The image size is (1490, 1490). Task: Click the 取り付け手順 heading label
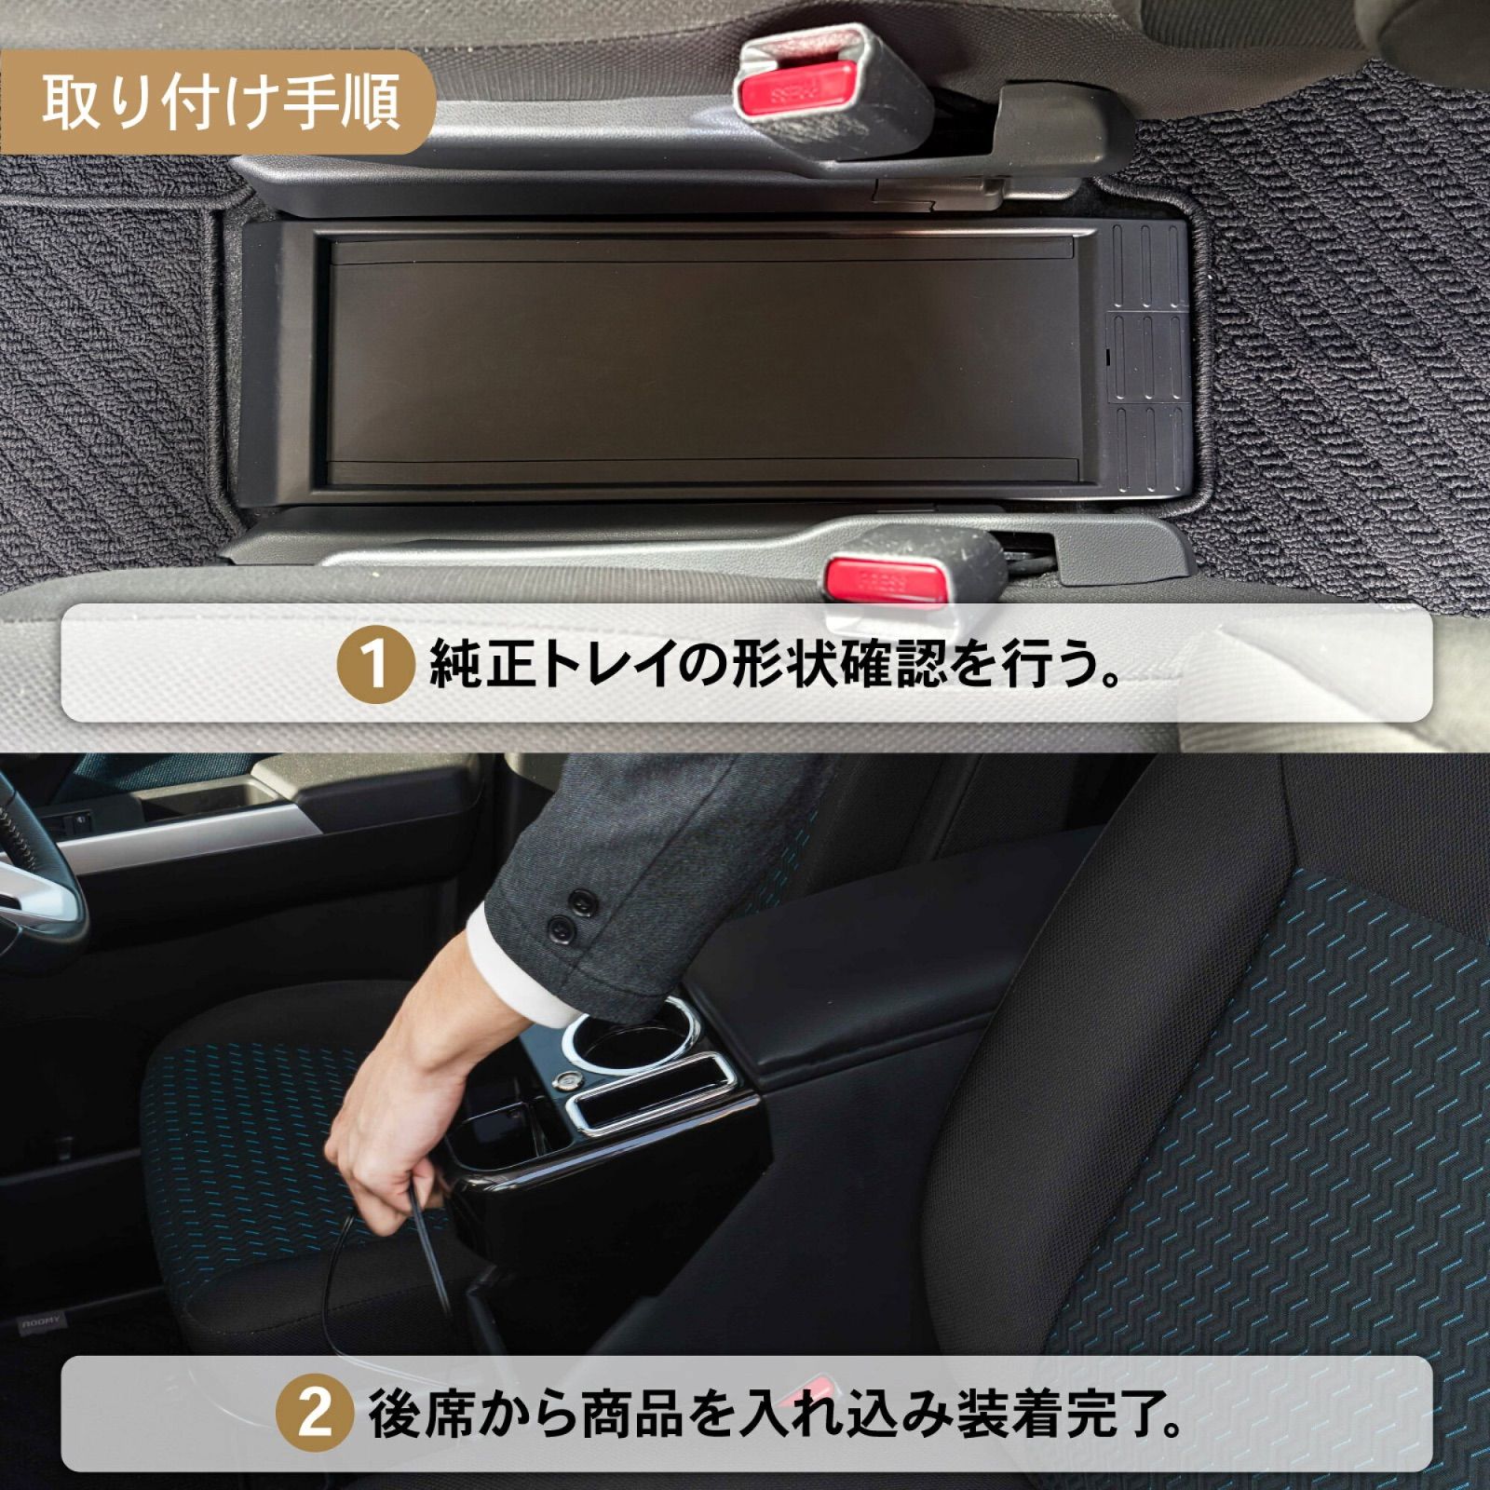[x=220, y=102]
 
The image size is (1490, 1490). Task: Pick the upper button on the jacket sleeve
[x=583, y=901]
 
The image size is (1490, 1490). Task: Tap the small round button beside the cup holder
[x=563, y=1081]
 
